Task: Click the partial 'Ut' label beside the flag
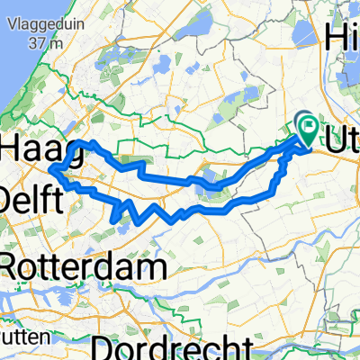[x=341, y=142]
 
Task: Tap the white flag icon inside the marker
[x=308, y=128]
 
